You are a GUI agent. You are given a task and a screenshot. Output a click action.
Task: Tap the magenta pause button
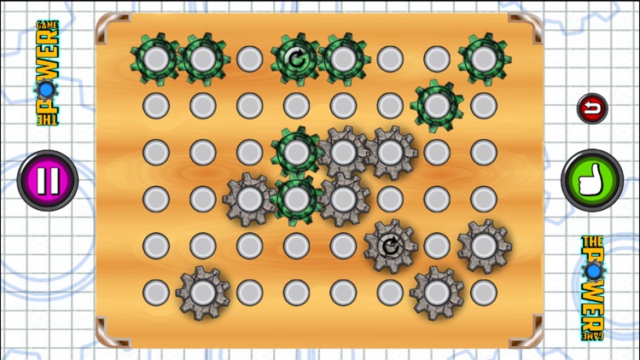[48, 180]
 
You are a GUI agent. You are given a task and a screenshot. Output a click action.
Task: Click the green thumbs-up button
[592, 180]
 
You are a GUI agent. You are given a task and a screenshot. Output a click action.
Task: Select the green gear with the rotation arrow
[296, 59]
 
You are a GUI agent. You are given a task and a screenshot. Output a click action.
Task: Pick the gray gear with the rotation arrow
[391, 247]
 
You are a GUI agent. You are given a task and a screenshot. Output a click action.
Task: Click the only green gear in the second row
[437, 105]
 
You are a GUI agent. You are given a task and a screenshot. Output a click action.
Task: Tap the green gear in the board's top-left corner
[156, 59]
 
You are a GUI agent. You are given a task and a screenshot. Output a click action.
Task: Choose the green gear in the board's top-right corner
[484, 59]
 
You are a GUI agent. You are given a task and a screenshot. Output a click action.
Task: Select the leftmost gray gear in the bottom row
[202, 293]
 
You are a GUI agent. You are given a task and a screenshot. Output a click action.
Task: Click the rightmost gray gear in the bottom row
[437, 293]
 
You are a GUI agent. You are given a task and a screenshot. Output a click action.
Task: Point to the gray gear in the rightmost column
[484, 247]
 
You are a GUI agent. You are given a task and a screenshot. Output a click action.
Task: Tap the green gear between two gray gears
[296, 199]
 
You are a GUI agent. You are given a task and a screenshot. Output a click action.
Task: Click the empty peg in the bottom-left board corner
[156, 293]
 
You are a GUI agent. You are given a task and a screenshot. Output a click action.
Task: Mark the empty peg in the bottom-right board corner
[484, 293]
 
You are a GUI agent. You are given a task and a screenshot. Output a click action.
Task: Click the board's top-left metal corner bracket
[110, 27]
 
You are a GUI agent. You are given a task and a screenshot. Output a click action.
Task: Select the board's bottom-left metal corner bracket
[110, 331]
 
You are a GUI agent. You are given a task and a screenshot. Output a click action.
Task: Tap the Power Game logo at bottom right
[592, 287]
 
